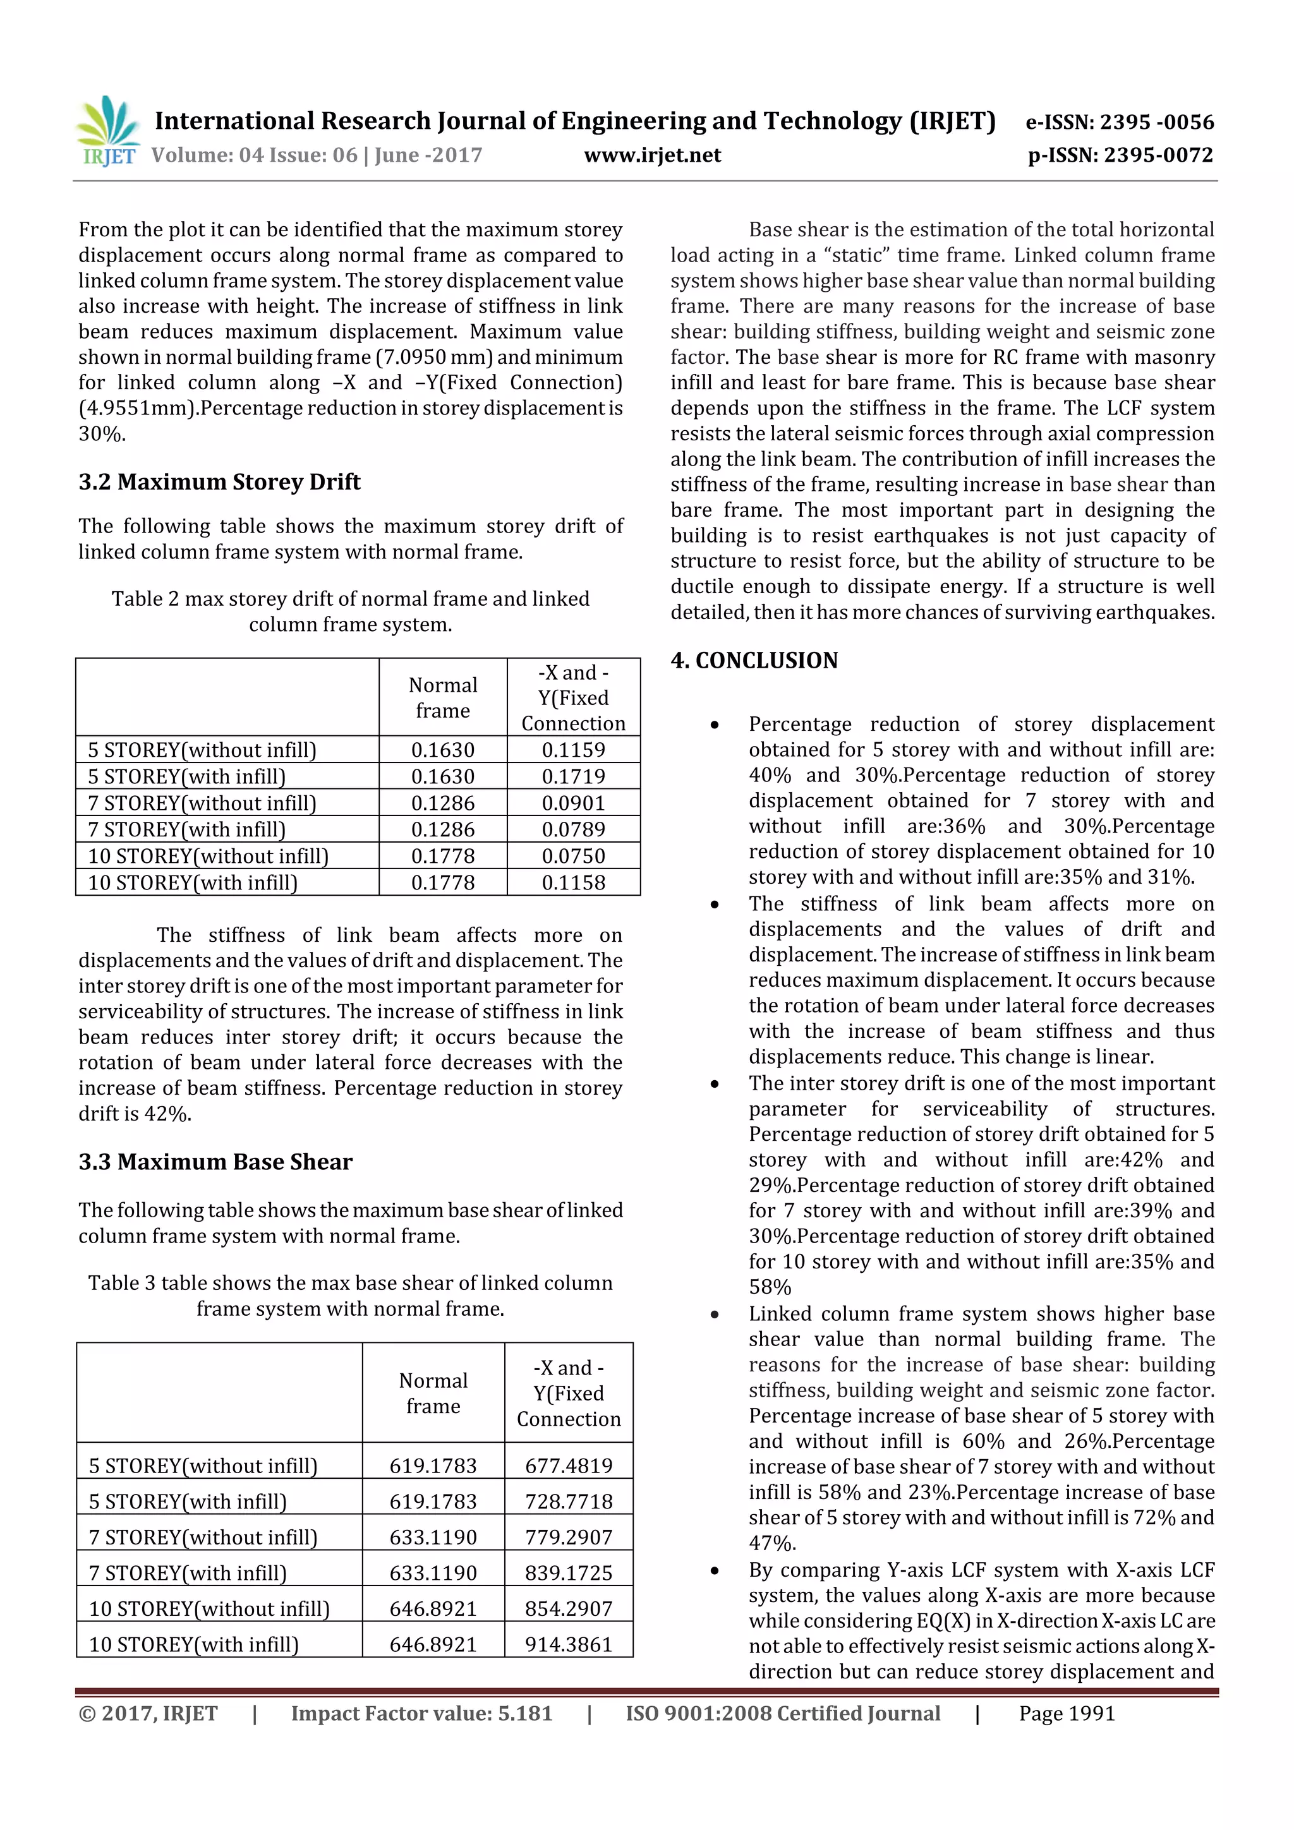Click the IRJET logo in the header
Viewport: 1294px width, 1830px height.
click(107, 131)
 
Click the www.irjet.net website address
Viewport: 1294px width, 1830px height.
click(652, 155)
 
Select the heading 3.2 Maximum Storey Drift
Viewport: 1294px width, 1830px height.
click(219, 481)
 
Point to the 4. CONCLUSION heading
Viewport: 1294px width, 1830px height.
click(754, 660)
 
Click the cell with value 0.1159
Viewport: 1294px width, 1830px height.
click(573, 749)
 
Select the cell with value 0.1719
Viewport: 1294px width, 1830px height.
click(573, 776)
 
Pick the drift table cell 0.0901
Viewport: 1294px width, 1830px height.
click(573, 803)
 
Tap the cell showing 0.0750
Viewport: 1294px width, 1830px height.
click(573, 856)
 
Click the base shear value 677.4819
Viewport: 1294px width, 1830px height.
click(569, 1465)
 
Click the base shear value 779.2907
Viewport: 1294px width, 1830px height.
click(569, 1537)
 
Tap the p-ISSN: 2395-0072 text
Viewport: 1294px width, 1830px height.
click(1120, 155)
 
